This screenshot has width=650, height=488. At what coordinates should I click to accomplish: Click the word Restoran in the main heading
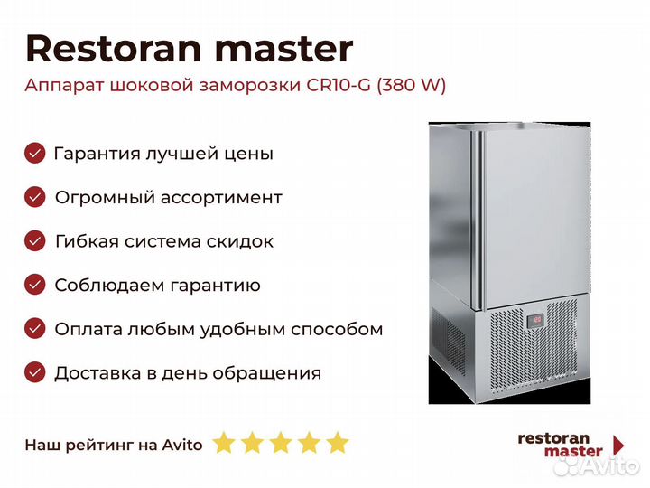click(113, 49)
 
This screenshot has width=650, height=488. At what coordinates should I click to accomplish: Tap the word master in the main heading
click(284, 49)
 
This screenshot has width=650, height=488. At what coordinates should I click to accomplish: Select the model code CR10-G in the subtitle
click(339, 85)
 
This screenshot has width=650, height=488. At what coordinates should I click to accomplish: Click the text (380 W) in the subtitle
click(412, 86)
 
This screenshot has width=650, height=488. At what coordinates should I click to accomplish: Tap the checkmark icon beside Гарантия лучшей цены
click(35, 153)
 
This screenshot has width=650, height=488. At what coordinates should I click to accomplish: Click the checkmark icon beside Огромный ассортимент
click(35, 197)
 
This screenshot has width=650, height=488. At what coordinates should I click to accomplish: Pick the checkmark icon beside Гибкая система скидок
click(35, 240)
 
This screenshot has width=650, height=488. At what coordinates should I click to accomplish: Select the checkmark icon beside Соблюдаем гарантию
click(35, 285)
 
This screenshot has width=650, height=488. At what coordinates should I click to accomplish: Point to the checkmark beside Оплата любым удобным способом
click(35, 329)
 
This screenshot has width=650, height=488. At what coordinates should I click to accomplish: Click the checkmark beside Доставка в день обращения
click(35, 372)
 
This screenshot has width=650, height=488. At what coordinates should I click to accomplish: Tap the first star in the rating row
click(224, 443)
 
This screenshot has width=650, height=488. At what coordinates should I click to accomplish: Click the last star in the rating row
click(338, 443)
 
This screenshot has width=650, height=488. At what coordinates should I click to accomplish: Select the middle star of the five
click(281, 443)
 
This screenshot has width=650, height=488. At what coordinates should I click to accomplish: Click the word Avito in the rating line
click(182, 445)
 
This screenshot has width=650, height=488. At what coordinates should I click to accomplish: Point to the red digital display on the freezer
click(536, 320)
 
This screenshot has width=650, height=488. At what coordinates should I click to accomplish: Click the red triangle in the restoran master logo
click(618, 445)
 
